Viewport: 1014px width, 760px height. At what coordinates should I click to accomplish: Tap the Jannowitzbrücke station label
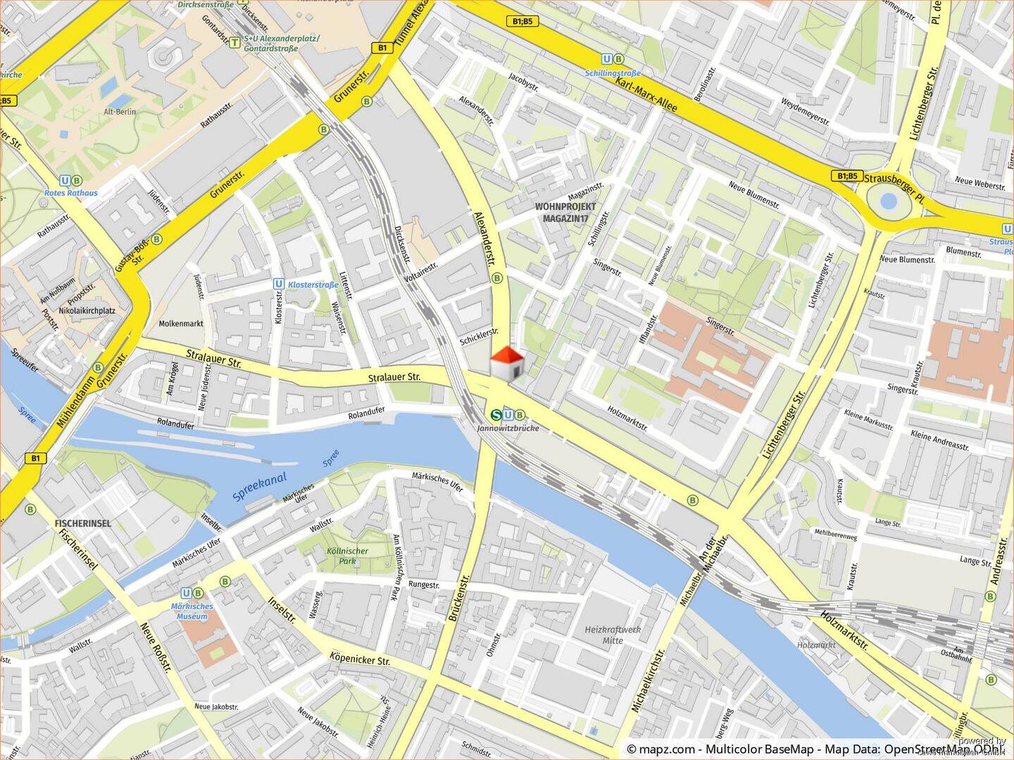point(508,428)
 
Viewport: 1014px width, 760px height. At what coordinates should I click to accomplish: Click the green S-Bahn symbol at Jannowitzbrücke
point(497,415)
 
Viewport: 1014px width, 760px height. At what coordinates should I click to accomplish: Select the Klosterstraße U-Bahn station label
point(313,285)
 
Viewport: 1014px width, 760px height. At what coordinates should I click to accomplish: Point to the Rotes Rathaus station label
point(70,192)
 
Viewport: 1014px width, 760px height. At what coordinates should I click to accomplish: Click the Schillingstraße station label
point(613,72)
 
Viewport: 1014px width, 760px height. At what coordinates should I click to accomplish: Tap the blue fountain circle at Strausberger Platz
point(889,202)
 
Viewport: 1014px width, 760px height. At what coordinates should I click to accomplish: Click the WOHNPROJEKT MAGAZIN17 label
point(565,213)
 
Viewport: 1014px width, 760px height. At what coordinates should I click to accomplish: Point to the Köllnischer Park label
point(347,556)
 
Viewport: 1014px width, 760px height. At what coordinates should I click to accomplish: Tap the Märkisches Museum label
point(192,611)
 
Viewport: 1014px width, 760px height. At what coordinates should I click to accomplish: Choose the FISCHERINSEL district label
point(82,524)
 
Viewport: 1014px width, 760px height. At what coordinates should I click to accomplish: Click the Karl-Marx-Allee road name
point(646,94)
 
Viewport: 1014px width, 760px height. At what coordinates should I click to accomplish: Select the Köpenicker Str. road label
point(359,659)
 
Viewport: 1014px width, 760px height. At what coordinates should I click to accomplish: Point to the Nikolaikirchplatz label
point(87,310)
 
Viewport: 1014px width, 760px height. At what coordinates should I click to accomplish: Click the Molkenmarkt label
point(181,324)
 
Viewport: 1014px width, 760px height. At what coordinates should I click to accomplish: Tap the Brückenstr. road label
point(458,598)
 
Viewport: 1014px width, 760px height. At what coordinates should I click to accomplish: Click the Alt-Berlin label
point(120,112)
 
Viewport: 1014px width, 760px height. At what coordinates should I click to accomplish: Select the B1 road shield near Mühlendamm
point(35,458)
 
